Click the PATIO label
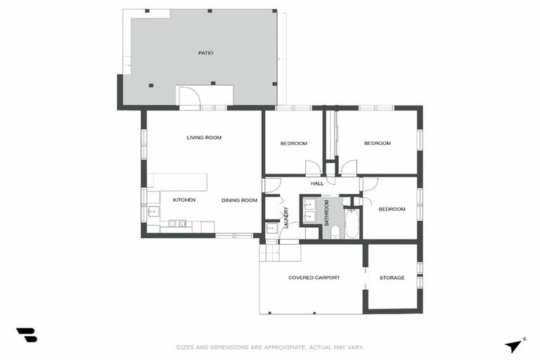point(205,53)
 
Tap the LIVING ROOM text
point(204,138)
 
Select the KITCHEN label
point(184,200)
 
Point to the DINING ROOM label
point(239,200)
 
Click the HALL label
point(317,184)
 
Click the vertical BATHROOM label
point(326,212)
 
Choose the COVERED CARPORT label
point(314,278)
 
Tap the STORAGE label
point(392,278)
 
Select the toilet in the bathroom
point(335,231)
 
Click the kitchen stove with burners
point(176,224)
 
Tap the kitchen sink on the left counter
point(153,210)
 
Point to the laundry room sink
point(271,228)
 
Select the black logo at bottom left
point(26,335)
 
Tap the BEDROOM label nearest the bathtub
point(392,209)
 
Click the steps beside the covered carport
point(279,250)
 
